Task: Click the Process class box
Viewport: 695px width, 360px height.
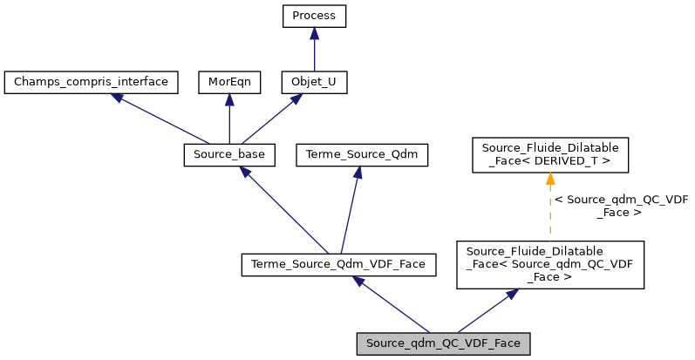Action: (314, 17)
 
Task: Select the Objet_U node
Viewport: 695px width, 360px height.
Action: (314, 83)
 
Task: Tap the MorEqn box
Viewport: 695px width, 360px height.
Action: (228, 83)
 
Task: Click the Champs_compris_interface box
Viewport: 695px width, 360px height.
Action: (92, 83)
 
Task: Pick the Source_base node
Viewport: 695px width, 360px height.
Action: (229, 155)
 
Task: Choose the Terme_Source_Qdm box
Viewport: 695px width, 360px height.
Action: (357, 155)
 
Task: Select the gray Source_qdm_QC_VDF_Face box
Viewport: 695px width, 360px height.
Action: (444, 343)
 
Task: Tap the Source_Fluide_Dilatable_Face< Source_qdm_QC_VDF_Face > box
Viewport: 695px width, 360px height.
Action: (549, 265)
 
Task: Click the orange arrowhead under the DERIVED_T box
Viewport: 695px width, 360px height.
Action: (549, 180)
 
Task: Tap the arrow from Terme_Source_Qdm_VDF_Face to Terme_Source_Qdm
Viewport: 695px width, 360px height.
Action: (349, 209)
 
